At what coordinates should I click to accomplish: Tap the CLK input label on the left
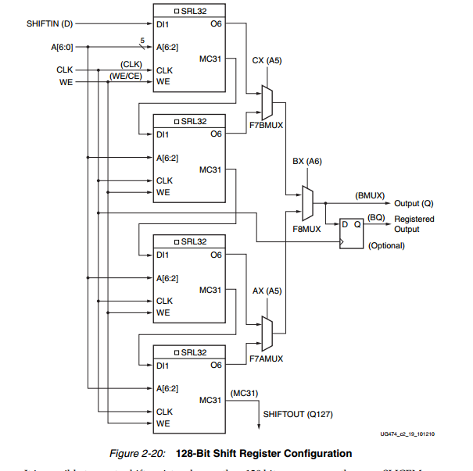64,70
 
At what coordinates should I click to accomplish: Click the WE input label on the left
66,81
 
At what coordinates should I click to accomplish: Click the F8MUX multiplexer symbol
307,202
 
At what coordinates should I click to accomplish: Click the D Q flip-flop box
349,232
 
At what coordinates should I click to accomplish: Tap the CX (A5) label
268,60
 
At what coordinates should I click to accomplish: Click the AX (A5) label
267,291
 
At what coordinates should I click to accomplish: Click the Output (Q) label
414,203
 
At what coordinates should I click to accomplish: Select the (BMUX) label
368,194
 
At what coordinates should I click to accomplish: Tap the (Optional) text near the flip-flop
385,245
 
